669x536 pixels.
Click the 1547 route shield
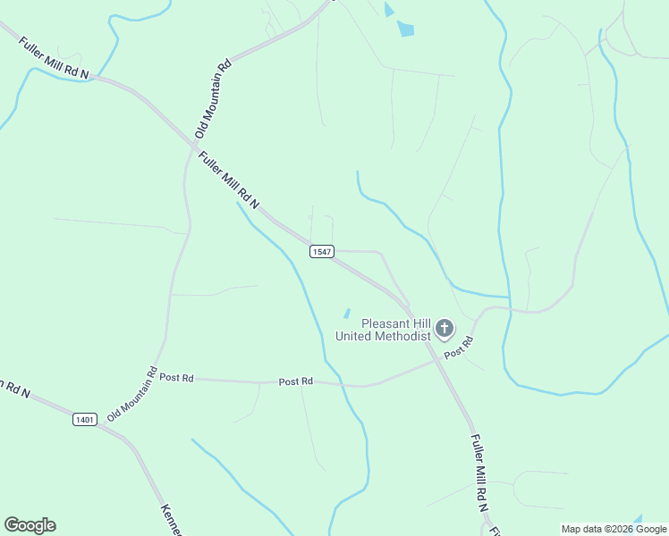pyautogui.click(x=322, y=252)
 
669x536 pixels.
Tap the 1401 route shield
pyautogui.click(x=85, y=418)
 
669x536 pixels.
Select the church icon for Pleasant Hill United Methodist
pyautogui.click(x=445, y=331)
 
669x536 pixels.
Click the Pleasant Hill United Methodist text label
pyautogui.click(x=384, y=330)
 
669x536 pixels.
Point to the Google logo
pyautogui.click(x=30, y=525)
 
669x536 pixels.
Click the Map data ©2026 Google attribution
pyautogui.click(x=614, y=529)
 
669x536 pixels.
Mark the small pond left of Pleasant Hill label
pyautogui.click(x=346, y=313)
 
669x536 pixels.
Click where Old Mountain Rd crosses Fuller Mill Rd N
pyautogui.click(x=194, y=142)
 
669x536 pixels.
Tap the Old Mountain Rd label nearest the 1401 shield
pyautogui.click(x=132, y=395)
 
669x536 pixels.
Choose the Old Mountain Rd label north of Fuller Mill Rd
pyautogui.click(x=213, y=97)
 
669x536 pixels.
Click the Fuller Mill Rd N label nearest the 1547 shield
pyautogui.click(x=228, y=180)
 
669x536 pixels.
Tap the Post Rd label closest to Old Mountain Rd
pyautogui.click(x=176, y=378)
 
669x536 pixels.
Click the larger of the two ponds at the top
pyautogui.click(x=406, y=29)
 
